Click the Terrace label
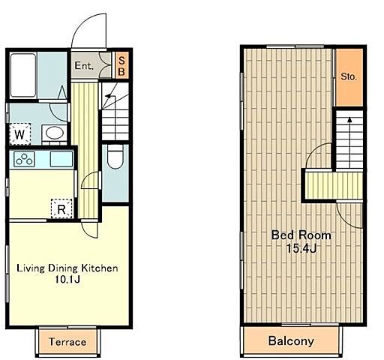click(67, 342)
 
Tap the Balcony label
click(291, 341)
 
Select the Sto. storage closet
click(349, 77)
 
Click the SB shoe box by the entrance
click(121, 66)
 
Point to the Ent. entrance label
click(84, 66)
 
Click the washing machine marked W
click(20, 134)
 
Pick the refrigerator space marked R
click(61, 208)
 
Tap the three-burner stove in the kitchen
click(24, 159)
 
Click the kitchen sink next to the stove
click(61, 159)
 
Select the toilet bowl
click(115, 157)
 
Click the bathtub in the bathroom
click(23, 75)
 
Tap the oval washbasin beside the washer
click(55, 133)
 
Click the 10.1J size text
click(67, 280)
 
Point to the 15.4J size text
click(301, 248)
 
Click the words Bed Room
click(301, 235)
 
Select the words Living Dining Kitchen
click(67, 268)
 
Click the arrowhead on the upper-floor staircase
click(349, 120)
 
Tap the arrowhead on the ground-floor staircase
click(108, 96)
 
